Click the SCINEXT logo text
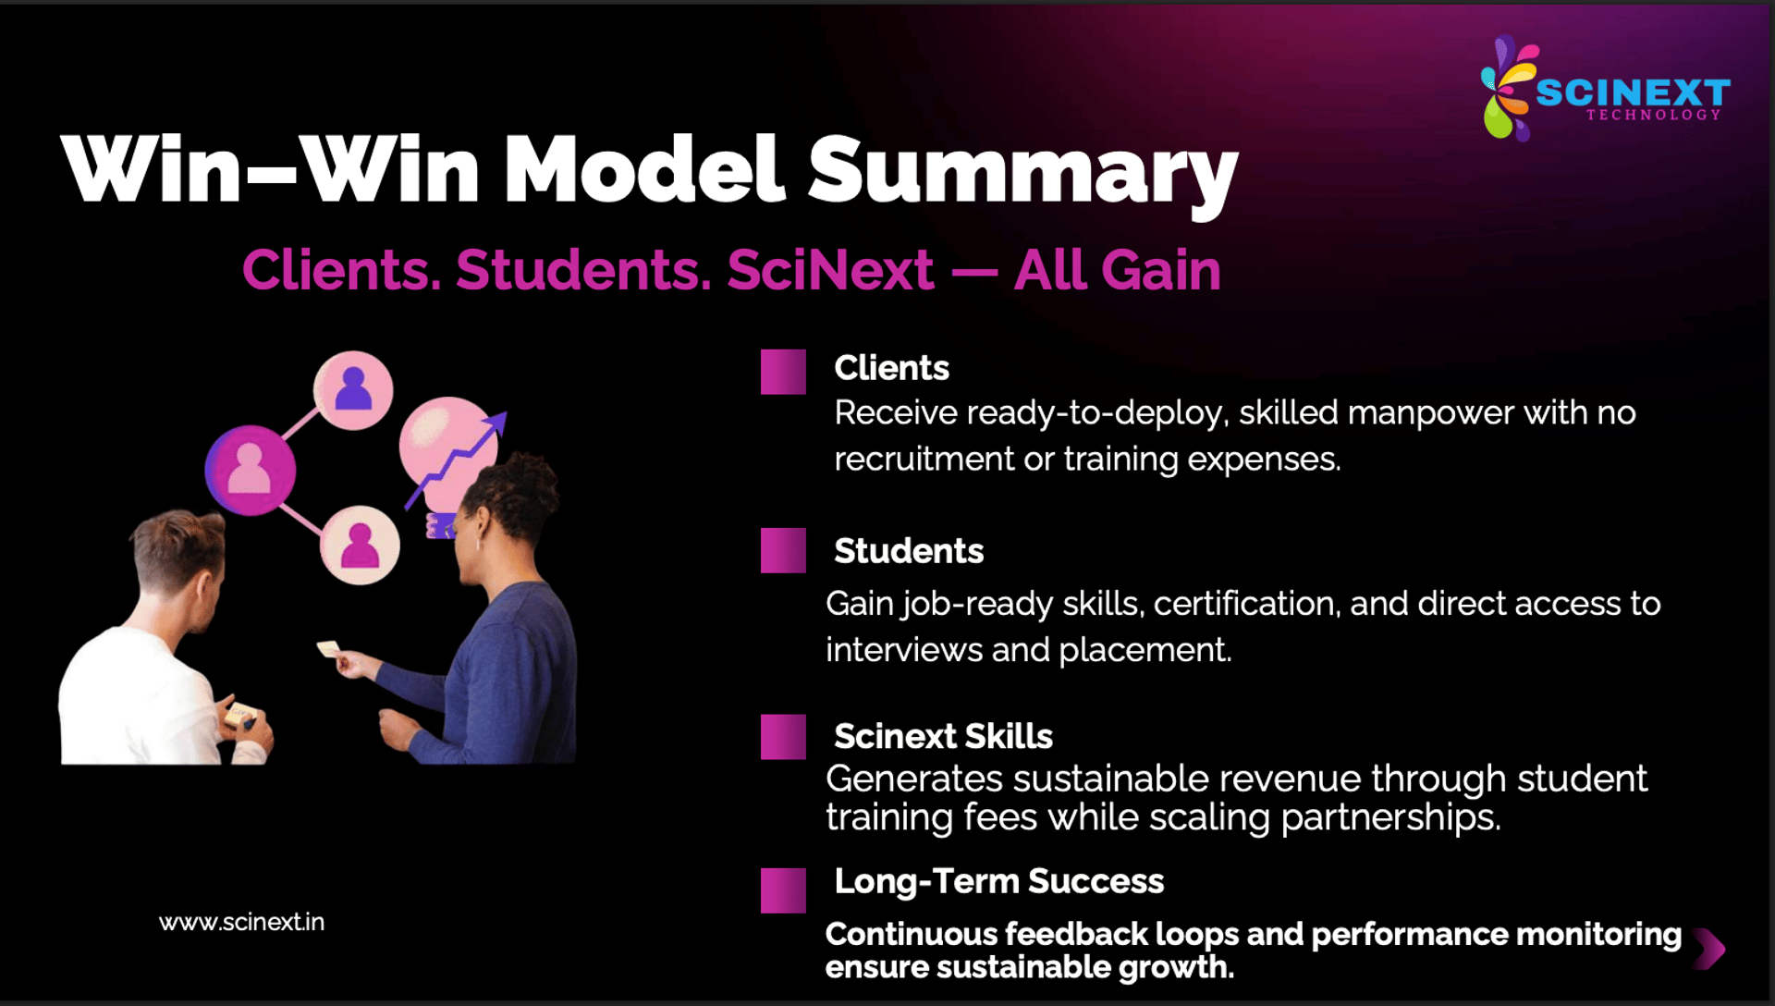point(1633,92)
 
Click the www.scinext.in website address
point(241,922)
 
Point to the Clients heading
point(891,368)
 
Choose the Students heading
point(909,551)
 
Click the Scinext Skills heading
point(943,736)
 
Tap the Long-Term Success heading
point(998,882)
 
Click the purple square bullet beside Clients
point(783,372)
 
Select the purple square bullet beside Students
point(783,551)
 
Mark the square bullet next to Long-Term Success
point(783,890)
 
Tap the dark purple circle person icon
point(251,470)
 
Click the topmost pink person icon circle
point(353,390)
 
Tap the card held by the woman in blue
point(329,648)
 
